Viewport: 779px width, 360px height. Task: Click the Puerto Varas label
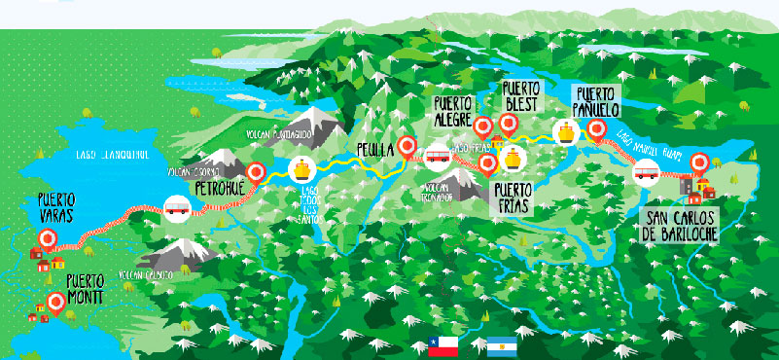45,206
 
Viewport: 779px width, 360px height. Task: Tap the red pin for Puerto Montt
56,304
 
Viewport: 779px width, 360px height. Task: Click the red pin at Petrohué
256,172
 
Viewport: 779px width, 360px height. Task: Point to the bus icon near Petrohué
177,206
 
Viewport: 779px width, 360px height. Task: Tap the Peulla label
375,150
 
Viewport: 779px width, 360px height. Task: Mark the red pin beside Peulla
408,147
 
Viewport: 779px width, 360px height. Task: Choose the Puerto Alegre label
452,110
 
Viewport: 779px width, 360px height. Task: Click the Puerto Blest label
521,97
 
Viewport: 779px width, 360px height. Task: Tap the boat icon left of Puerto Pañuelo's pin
564,131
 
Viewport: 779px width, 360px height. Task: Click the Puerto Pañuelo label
595,101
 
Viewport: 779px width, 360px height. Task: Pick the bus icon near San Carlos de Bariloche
646,174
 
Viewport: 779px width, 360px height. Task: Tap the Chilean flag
443,343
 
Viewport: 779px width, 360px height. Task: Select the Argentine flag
501,343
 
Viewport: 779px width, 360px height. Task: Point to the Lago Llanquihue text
110,153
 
